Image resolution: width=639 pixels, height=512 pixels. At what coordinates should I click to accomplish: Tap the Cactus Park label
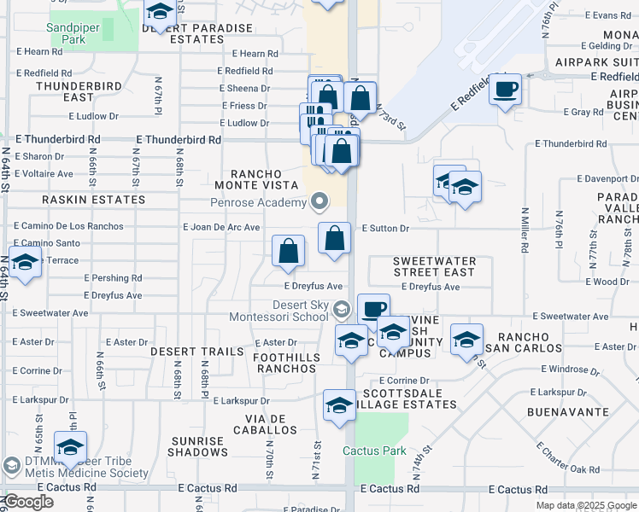pos(374,450)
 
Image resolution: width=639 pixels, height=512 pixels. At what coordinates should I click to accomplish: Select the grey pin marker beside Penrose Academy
pos(320,202)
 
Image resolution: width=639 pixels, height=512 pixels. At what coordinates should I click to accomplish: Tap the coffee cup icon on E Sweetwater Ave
pos(372,308)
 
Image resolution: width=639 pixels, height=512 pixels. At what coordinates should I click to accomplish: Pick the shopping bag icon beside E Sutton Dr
pos(335,237)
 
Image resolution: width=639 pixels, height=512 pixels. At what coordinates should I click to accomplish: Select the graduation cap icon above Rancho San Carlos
pos(466,340)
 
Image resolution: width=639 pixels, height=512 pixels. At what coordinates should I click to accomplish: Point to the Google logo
pos(27,502)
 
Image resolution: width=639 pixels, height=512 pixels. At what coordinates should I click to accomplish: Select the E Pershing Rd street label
pos(113,278)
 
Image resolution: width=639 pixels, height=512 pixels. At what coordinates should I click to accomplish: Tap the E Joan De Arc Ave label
pos(221,228)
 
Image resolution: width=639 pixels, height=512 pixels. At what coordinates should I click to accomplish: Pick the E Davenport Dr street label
pos(606,179)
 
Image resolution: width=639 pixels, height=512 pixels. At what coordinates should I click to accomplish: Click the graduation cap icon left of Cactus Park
pos(339,405)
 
